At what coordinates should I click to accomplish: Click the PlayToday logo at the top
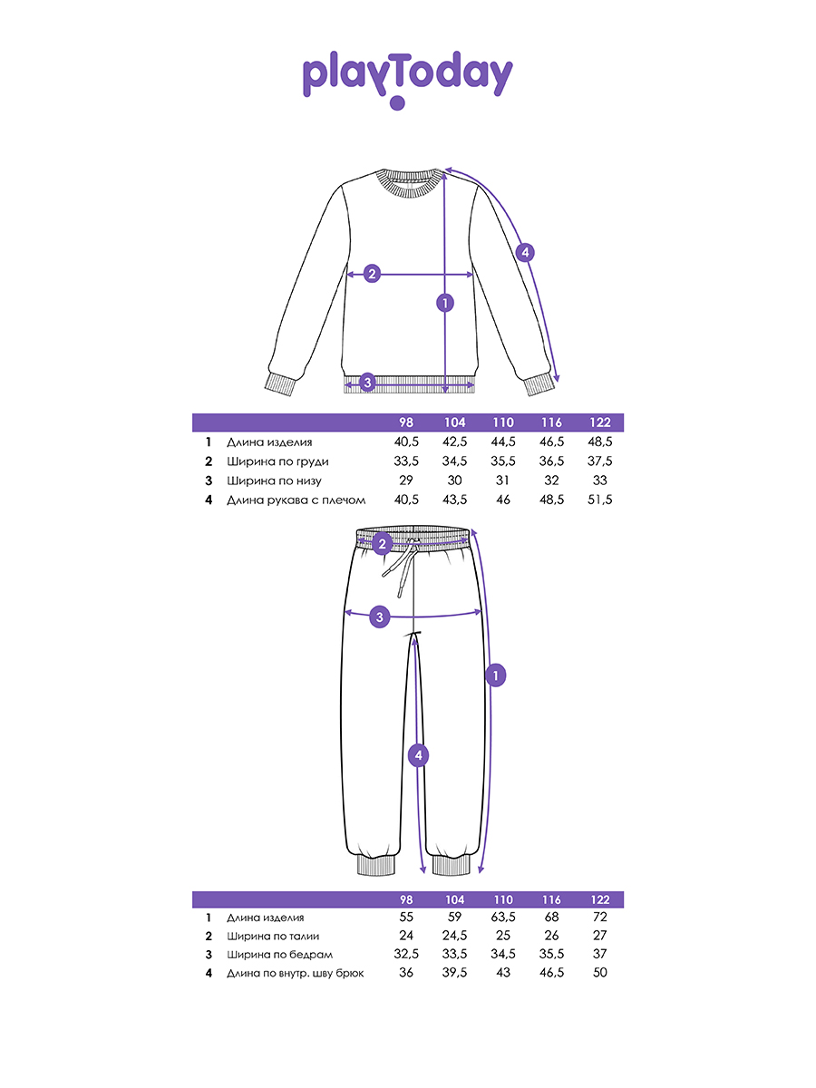coord(407,77)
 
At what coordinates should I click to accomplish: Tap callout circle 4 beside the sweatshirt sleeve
coord(525,253)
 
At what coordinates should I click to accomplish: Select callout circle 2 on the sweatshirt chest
coord(371,274)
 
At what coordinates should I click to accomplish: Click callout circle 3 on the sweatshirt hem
coord(367,383)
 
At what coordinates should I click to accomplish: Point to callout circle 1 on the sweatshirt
coord(444,303)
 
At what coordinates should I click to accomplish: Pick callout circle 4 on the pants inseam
coord(417,754)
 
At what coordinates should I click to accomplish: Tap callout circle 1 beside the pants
coord(495,675)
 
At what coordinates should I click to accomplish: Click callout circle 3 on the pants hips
coord(381,617)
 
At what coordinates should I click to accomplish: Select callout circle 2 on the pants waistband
coord(382,544)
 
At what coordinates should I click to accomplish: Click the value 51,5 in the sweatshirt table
coord(598,500)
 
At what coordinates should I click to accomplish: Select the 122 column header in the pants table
coord(598,899)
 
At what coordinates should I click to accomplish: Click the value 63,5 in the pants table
coord(503,918)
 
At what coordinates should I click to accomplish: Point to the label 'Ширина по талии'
coord(273,937)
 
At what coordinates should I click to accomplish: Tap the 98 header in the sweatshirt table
coord(406,423)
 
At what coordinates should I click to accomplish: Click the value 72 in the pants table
coord(598,918)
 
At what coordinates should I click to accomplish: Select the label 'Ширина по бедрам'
coord(279,955)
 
